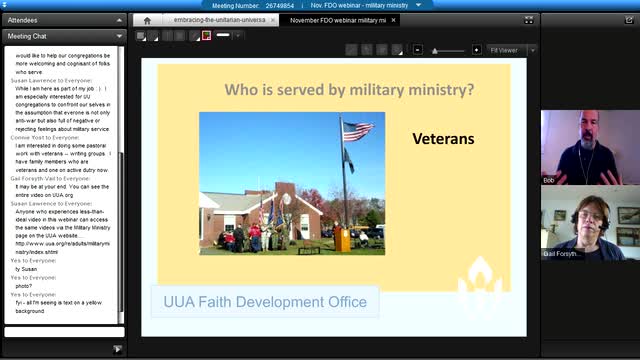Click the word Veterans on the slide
point(443,139)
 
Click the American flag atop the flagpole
point(357,131)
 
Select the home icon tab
point(148,20)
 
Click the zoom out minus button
point(434,50)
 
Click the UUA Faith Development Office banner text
point(265,301)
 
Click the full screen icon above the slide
point(529,20)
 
